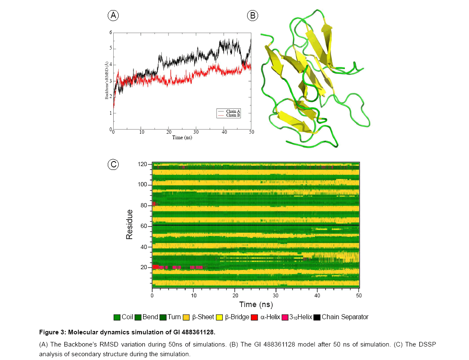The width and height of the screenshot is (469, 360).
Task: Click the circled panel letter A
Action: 112,16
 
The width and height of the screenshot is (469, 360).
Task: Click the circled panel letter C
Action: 112,164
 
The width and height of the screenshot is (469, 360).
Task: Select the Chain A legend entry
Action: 233,111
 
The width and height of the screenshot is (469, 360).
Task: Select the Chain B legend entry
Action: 233,115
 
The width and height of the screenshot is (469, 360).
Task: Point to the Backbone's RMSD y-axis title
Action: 107,80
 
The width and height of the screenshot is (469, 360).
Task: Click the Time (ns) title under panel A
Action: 182,138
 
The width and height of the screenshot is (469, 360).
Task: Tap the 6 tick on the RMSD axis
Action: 111,32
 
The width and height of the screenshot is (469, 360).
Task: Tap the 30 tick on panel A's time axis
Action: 196,132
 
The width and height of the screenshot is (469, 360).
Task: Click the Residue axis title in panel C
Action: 130,225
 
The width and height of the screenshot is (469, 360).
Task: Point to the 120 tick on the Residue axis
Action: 142,164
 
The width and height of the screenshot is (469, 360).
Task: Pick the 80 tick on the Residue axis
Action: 144,206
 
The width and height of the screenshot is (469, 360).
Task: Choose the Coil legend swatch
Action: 117,317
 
